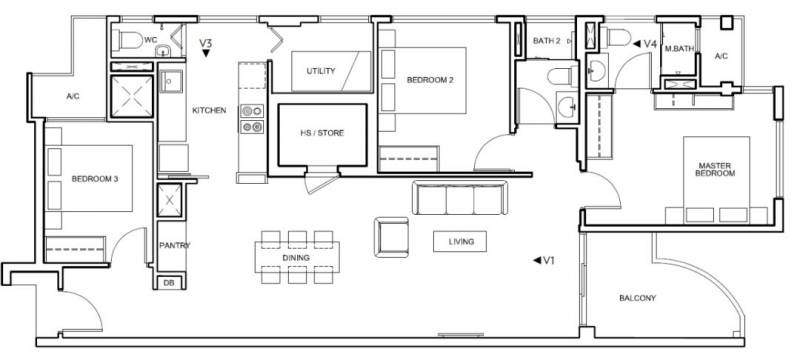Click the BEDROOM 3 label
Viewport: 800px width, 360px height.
[95, 179]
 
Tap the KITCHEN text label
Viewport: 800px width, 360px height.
[209, 110]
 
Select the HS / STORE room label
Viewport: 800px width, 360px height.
[321, 133]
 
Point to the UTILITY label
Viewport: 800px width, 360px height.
[321, 71]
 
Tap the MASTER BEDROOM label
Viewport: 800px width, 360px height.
[717, 169]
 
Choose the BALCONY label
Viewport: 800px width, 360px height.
[637, 298]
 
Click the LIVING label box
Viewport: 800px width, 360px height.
[460, 242]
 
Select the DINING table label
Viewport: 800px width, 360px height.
[296, 258]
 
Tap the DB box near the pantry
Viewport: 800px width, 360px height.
[169, 283]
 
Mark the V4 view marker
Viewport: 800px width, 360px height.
[645, 44]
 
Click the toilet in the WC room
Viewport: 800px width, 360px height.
[128, 40]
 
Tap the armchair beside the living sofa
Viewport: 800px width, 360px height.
[391, 237]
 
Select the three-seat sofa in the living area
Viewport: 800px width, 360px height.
[460, 198]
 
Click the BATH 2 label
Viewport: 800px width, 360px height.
[546, 41]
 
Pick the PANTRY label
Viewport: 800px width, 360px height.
[174, 245]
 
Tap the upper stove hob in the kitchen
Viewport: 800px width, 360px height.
[252, 111]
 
